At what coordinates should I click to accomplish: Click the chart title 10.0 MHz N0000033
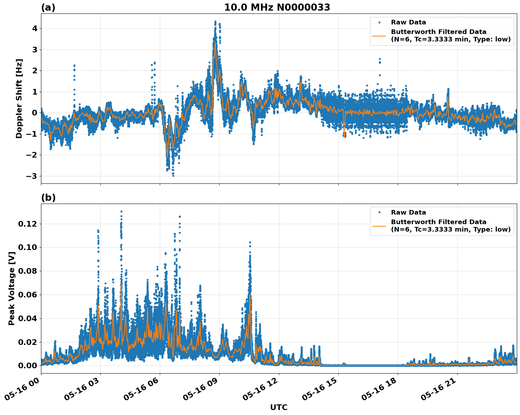point(277,7)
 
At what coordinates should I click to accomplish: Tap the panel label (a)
point(48,7)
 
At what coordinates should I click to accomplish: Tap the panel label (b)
point(48,198)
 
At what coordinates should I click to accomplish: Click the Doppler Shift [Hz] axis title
point(19,98)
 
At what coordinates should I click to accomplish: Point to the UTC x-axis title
point(279,407)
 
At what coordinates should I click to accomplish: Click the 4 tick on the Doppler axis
point(35,28)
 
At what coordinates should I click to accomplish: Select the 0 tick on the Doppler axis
point(35,113)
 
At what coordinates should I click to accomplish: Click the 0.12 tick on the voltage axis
point(28,224)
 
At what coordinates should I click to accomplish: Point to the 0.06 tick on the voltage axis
point(28,295)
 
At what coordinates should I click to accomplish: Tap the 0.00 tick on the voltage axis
point(28,365)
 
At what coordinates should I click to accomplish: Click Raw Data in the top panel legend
point(408,22)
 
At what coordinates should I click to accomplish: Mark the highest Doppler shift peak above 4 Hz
point(215,22)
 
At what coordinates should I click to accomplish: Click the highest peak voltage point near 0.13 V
point(121,212)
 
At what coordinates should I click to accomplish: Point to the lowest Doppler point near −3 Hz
point(173,176)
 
